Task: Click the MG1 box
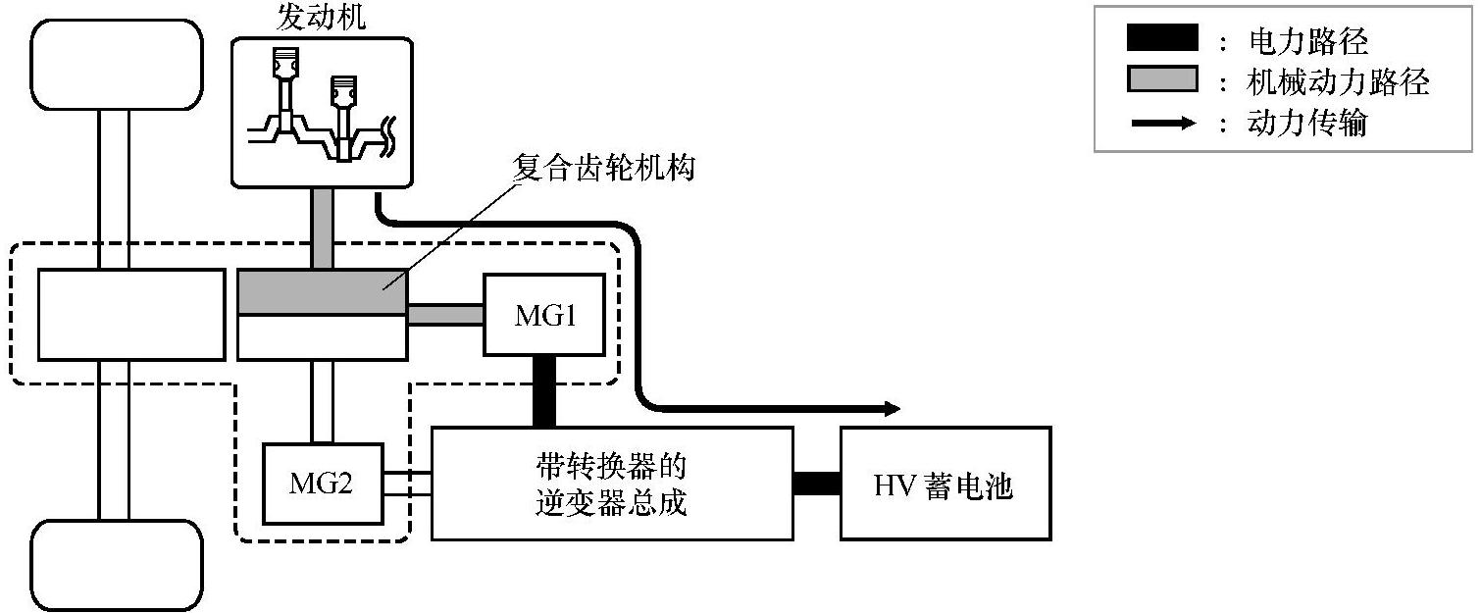pyautogui.click(x=543, y=315)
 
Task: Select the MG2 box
pyautogui.click(x=321, y=484)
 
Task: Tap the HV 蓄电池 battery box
pyautogui.click(x=945, y=483)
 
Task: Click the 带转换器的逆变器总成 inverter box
pyautogui.click(x=612, y=483)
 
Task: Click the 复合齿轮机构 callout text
pyautogui.click(x=604, y=168)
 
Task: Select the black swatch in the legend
pyautogui.click(x=1162, y=38)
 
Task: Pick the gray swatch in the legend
pyautogui.click(x=1162, y=80)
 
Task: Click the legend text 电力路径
pyautogui.click(x=1307, y=40)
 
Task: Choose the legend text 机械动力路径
pyautogui.click(x=1338, y=82)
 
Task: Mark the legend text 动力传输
pyautogui.click(x=1307, y=125)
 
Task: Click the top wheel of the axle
pyautogui.click(x=116, y=64)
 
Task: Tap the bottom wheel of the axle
pyautogui.click(x=116, y=566)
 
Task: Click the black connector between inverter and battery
pyautogui.click(x=816, y=484)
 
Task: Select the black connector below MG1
pyautogui.click(x=543, y=391)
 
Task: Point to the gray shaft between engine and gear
pyautogui.click(x=322, y=229)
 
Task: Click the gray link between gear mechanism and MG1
pyautogui.click(x=445, y=315)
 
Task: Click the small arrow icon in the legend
pyautogui.click(x=1162, y=124)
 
